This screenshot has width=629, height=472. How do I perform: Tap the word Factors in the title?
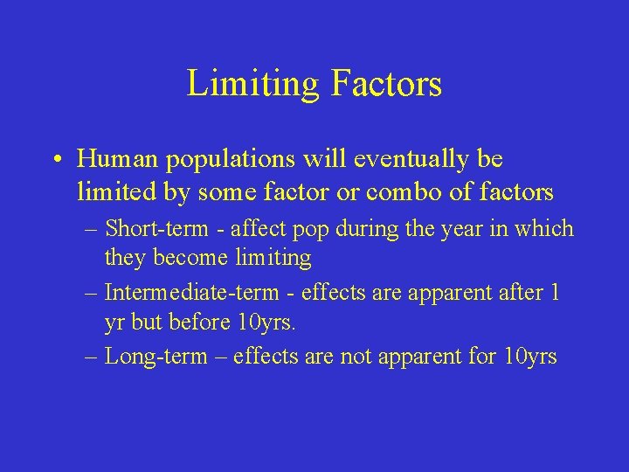[387, 84]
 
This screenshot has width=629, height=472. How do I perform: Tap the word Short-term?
[154, 229]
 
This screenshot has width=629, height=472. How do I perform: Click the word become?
[181, 258]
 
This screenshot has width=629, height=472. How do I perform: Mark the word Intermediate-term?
[190, 292]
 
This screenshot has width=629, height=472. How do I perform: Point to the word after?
[515, 292]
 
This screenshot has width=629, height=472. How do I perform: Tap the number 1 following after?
[555, 292]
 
